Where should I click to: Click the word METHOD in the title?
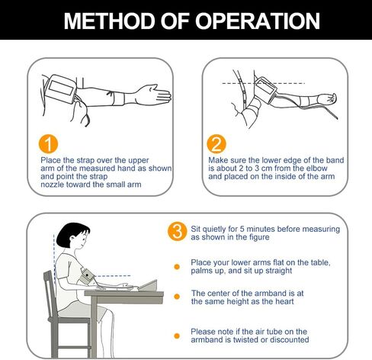point(110,21)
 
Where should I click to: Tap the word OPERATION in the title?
point(257,21)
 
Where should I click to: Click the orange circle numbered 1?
point(48,144)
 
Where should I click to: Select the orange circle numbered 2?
point(216,144)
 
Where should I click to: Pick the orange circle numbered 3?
point(178,232)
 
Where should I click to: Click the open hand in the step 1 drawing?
point(156,95)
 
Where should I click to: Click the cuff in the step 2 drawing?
point(265,90)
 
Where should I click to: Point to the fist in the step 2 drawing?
point(330,98)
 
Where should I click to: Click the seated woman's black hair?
point(71,234)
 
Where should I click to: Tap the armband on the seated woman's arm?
point(85,276)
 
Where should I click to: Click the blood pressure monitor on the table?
point(149,286)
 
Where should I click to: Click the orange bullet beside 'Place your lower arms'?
point(177,267)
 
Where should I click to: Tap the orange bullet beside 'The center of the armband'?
point(177,297)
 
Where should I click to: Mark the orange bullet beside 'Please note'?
point(177,336)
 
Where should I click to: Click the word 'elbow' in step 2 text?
point(316,169)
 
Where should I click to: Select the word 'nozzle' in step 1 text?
point(53,185)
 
